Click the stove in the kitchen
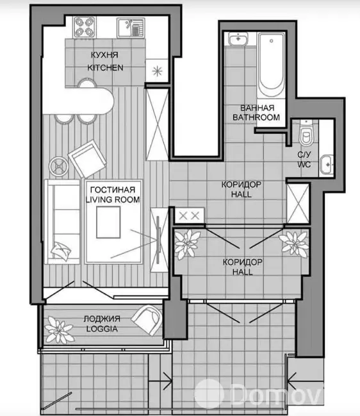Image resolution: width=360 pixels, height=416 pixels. [85, 27]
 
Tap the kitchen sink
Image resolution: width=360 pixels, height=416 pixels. [131, 28]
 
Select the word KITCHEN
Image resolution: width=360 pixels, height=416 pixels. [105, 68]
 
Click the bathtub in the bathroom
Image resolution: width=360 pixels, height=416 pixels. [271, 65]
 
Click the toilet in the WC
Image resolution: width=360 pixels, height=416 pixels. [306, 134]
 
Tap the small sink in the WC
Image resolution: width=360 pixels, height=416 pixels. [326, 165]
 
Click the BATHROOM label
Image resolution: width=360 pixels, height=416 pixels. [256, 117]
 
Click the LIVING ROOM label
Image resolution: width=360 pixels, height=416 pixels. [113, 199]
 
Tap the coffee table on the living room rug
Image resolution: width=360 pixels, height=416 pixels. [108, 222]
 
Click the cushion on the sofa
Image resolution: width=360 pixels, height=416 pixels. [61, 250]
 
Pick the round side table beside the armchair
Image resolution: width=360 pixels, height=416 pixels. [58, 167]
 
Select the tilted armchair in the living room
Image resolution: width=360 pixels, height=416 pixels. [87, 159]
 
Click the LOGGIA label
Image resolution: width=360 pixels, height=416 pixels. [102, 329]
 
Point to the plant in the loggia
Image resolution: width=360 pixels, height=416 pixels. [58, 331]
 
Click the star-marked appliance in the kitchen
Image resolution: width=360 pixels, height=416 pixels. [157, 71]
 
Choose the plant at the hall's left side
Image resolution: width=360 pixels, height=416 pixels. [188, 244]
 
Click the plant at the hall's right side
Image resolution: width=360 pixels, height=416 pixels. [294, 244]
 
